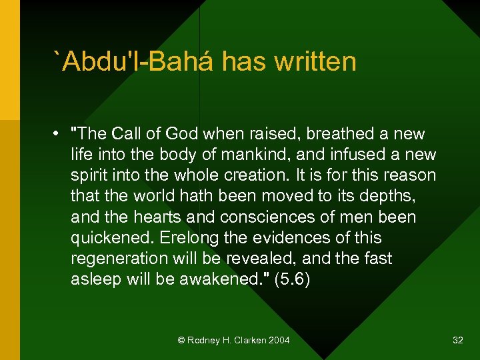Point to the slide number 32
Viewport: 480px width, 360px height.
pos(457,340)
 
